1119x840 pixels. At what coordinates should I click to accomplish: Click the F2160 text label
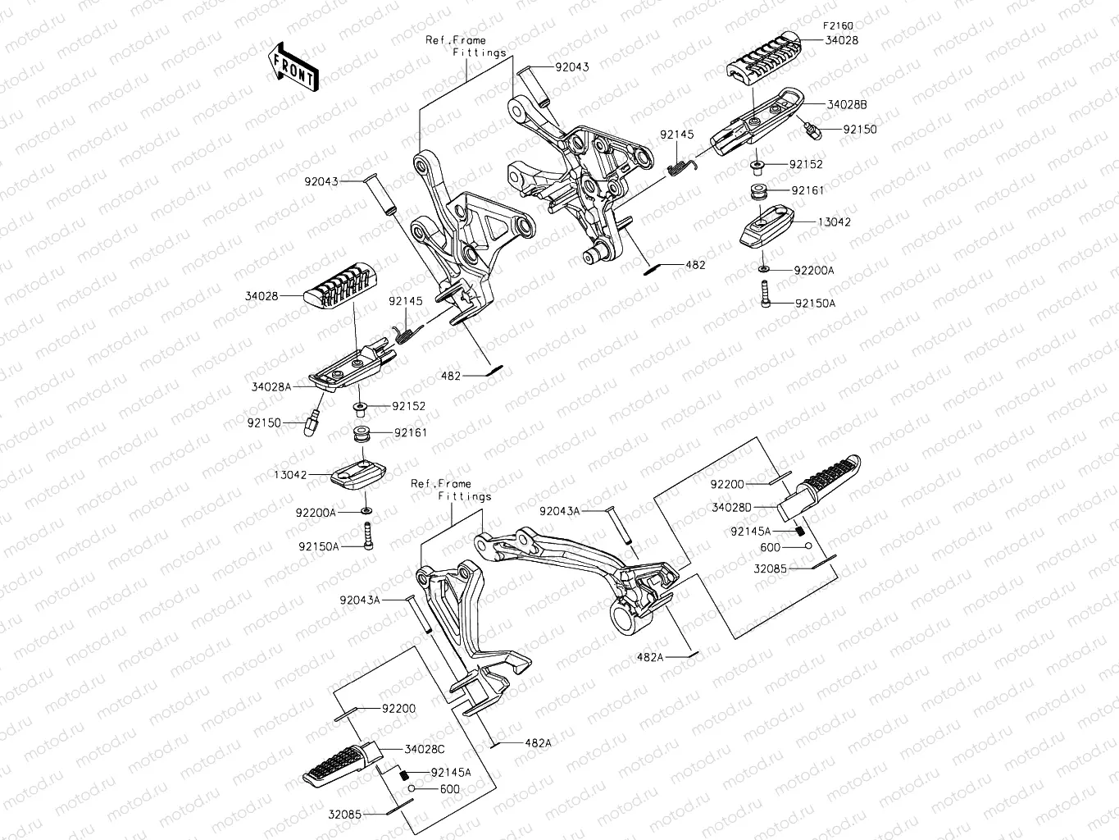(838, 26)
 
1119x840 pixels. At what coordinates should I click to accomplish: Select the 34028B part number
(847, 104)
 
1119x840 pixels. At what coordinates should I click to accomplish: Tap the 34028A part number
(271, 387)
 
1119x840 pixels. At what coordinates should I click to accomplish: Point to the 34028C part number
(425, 749)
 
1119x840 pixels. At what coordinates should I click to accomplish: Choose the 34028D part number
(732, 508)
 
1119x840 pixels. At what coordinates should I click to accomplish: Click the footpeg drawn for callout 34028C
(342, 765)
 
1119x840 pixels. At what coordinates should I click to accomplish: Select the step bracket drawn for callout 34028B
(757, 121)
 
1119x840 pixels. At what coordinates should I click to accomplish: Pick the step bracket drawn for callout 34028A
(353, 364)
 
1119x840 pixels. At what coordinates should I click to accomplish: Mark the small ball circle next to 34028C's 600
(412, 788)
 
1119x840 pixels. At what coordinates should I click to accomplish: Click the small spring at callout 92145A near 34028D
(800, 531)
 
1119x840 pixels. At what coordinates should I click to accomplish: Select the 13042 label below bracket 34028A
(290, 475)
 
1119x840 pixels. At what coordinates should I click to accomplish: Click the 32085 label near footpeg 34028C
(345, 815)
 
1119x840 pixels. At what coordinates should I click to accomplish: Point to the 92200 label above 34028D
(727, 484)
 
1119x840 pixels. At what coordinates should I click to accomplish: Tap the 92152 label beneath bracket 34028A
(409, 406)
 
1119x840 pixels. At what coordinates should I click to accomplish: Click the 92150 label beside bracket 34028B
(860, 130)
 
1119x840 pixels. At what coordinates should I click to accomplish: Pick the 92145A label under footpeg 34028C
(451, 772)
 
